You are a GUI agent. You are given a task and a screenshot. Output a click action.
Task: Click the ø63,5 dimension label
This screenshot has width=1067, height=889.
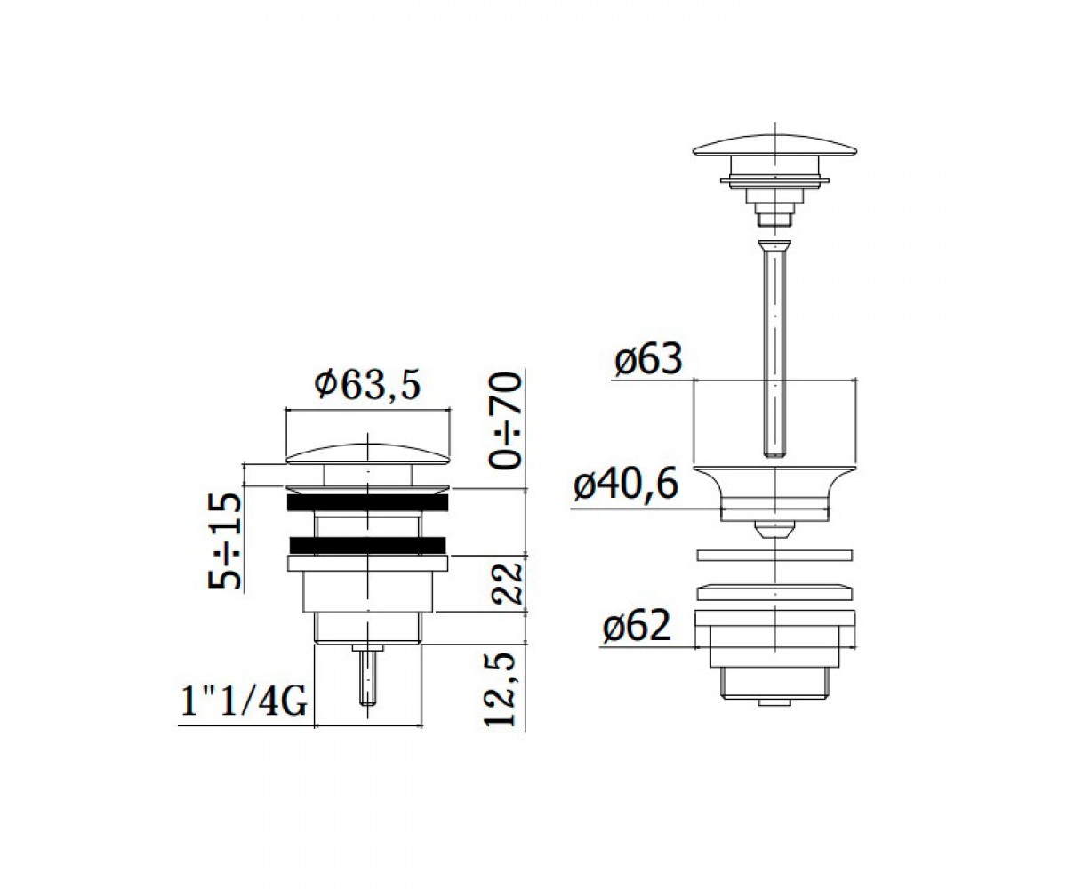(x=368, y=386)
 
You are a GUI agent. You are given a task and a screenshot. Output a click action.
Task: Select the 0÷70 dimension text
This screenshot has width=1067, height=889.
(x=505, y=420)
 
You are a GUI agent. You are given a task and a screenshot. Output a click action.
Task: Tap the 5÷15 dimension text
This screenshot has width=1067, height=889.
(x=224, y=541)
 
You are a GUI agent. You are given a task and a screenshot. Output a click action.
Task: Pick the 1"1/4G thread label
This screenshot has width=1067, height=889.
(x=245, y=701)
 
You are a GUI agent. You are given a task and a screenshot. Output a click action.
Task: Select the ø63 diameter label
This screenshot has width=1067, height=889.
(x=648, y=358)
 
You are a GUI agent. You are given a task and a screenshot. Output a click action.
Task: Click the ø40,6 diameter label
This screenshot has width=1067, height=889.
(x=626, y=483)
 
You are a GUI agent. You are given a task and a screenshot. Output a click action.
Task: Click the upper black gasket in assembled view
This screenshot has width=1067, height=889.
(x=368, y=502)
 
